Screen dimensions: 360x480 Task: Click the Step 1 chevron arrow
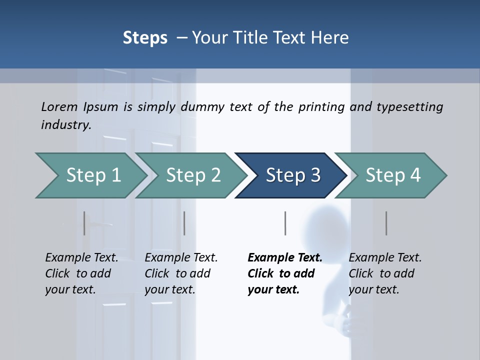coord(93,175)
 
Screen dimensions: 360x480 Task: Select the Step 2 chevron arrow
coord(193,175)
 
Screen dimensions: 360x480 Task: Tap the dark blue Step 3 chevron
coord(292,175)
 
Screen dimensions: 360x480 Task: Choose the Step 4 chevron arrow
coord(392,175)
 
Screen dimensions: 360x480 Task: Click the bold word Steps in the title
coord(145,37)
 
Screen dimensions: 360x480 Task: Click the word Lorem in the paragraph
coord(59,106)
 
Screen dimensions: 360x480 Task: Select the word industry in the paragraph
coord(66,124)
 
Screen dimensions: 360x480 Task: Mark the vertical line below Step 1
coord(84,223)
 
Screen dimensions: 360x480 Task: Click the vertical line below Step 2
coord(184,223)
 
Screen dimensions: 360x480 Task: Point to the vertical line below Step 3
coord(285,223)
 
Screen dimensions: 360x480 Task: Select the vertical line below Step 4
coord(386,223)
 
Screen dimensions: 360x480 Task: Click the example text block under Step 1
coord(81,273)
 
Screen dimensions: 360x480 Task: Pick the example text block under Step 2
coord(181,273)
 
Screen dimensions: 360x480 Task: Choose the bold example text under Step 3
coord(285,273)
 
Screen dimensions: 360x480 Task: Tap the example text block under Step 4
coord(385,273)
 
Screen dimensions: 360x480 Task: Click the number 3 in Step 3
coord(315,175)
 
